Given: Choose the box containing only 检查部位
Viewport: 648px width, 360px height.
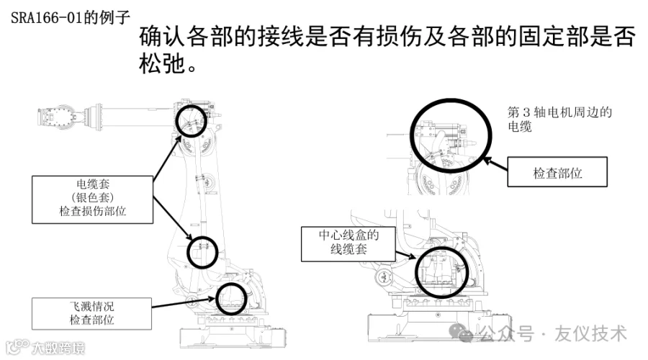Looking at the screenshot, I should click(x=557, y=174).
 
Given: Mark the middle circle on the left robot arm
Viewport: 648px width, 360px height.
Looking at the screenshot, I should click(x=202, y=251).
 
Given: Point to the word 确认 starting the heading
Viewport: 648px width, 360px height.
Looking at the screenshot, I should click(x=164, y=37).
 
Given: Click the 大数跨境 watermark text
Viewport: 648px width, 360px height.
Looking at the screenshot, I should click(x=58, y=348).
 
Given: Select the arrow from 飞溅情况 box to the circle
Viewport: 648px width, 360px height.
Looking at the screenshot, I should click(x=184, y=304).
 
